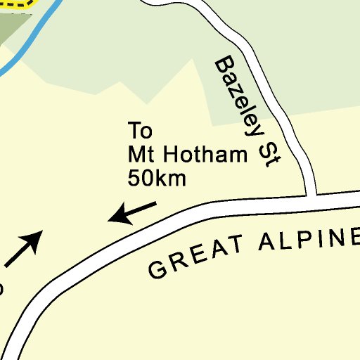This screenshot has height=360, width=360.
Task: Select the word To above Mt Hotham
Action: [140, 131]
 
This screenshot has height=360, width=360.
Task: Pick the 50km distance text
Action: [157, 179]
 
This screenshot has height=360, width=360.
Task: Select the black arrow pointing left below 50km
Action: [131, 212]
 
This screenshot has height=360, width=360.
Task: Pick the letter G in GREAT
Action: [158, 269]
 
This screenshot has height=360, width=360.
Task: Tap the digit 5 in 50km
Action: [134, 179]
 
